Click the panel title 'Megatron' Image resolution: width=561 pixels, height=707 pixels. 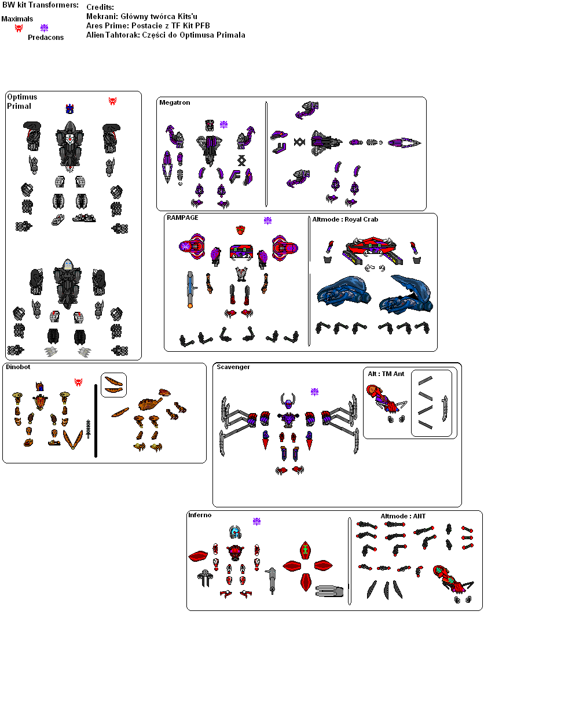point(174,102)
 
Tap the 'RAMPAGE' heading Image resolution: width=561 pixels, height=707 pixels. point(182,218)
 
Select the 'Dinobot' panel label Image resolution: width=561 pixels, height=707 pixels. point(18,367)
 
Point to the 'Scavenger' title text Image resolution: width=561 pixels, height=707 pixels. point(233,367)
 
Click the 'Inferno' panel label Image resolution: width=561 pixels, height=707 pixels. point(200,515)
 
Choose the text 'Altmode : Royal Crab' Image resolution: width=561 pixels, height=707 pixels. point(345,219)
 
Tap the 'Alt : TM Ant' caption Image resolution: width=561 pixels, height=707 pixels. point(386,374)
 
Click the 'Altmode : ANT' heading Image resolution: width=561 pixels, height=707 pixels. point(403,516)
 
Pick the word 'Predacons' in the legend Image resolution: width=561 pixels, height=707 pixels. point(46,38)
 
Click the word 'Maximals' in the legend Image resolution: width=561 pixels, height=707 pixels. point(17,19)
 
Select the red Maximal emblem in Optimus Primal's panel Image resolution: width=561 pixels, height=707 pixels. point(112,101)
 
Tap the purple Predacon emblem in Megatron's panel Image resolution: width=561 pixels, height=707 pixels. point(223,124)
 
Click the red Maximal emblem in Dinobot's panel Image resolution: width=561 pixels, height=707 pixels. point(78,382)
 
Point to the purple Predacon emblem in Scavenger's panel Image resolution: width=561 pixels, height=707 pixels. point(314,392)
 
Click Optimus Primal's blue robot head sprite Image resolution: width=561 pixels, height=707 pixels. point(69,109)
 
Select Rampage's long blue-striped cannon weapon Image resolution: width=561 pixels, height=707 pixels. point(190,289)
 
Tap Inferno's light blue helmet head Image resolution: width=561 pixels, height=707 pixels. point(235,532)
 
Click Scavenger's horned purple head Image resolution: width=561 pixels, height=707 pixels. point(288,401)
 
